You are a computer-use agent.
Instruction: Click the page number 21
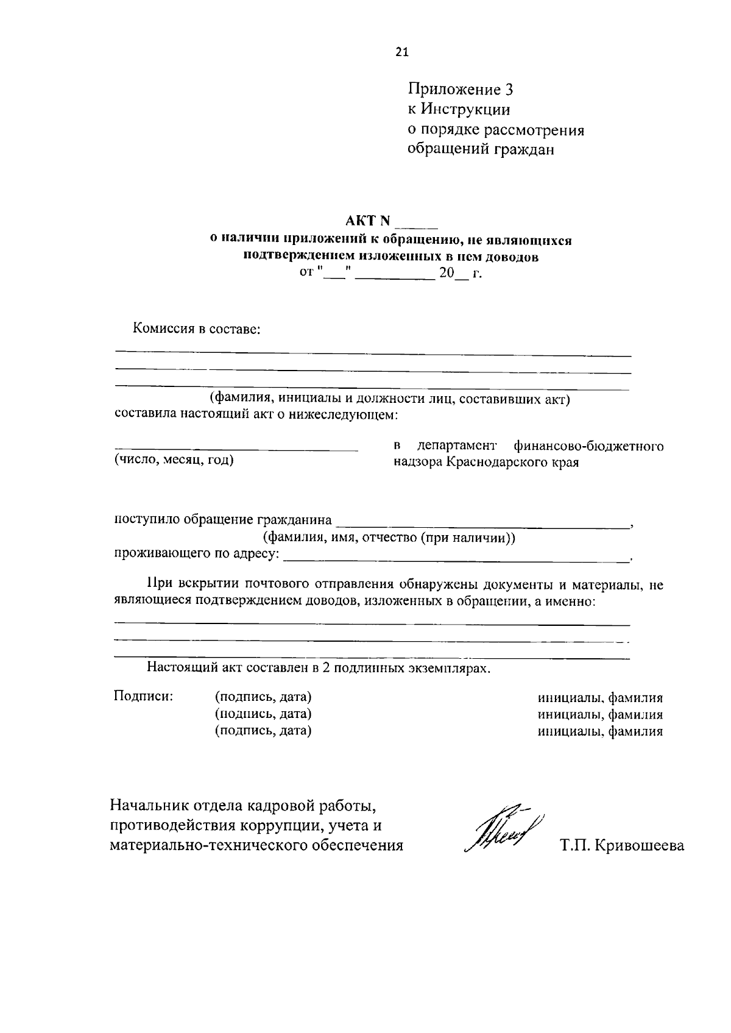402,52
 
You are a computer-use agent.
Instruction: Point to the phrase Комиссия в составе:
197,329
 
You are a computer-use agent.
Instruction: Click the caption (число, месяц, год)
174,460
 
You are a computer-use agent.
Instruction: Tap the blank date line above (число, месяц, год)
236,449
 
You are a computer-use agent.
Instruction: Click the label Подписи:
144,696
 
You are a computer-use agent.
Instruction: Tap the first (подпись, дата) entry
263,697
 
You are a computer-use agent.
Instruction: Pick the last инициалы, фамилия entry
600,732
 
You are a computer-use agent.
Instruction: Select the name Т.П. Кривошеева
621,846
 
